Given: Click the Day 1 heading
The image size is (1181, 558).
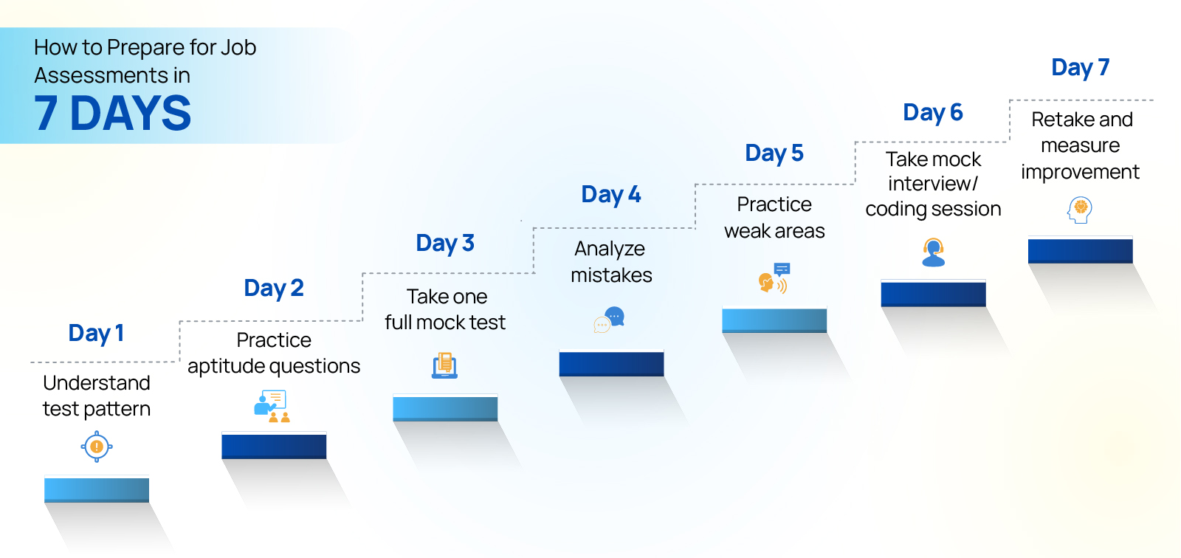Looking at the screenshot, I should (x=96, y=334).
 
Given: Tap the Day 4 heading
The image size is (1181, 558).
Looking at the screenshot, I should (x=610, y=195).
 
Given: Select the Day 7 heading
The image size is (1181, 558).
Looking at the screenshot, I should (x=1080, y=68).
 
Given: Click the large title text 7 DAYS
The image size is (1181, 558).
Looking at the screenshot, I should (x=112, y=114).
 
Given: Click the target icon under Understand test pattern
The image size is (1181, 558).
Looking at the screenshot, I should (x=97, y=447).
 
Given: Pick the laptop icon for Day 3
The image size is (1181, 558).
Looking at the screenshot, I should (x=444, y=365).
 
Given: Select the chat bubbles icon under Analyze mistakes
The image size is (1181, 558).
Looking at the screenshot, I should (x=610, y=320).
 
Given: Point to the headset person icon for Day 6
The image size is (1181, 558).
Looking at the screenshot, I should (x=933, y=252).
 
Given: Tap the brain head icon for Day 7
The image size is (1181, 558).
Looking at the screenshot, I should (x=1080, y=210).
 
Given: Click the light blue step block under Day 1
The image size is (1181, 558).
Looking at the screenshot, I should (x=97, y=490).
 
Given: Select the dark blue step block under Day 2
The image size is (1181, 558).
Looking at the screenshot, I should (x=274, y=446).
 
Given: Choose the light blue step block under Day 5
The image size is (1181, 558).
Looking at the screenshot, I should (x=774, y=320).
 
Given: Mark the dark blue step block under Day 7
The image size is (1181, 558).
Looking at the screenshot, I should (x=1080, y=251).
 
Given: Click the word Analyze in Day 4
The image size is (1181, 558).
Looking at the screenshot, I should (x=610, y=249).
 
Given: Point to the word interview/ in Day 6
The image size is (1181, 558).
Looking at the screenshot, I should (x=932, y=184).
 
